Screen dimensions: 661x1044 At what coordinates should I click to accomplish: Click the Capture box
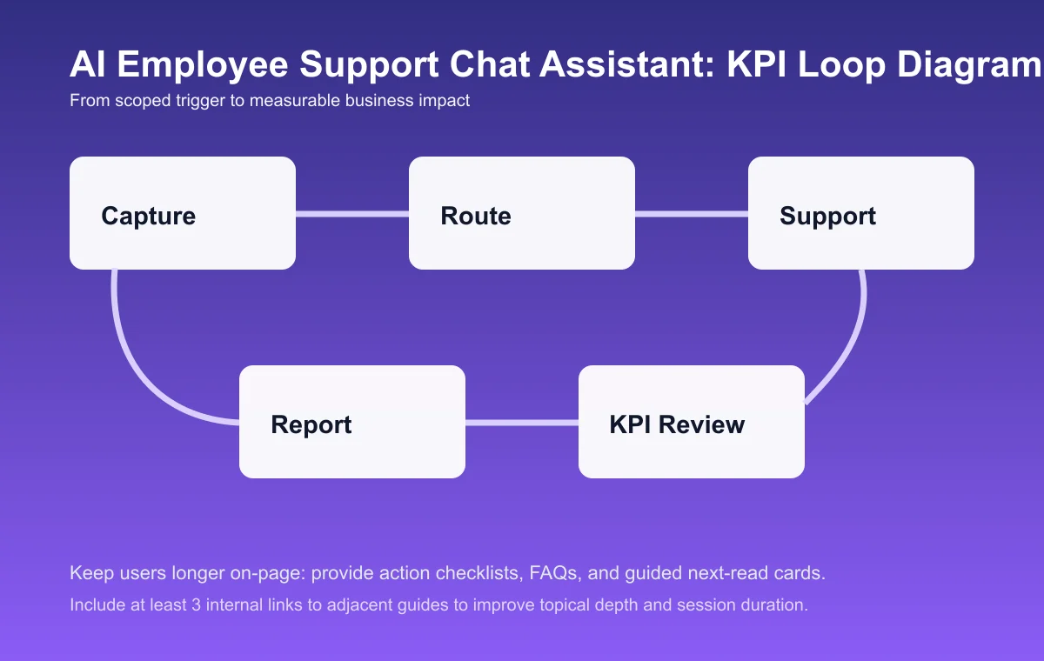click(x=183, y=213)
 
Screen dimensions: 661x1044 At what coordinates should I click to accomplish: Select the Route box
click(x=522, y=213)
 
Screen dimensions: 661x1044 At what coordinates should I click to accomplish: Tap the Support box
click(x=861, y=213)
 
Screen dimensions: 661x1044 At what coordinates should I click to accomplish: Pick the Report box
click(x=352, y=422)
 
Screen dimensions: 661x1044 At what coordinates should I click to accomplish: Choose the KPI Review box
click(x=692, y=422)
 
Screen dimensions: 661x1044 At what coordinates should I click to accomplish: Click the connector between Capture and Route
click(x=352, y=213)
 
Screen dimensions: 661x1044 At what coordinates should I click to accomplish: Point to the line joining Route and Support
click(x=692, y=213)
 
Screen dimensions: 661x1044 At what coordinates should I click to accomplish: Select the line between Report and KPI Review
click(x=522, y=423)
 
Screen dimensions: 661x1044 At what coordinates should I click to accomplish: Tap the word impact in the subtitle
click(x=445, y=101)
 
